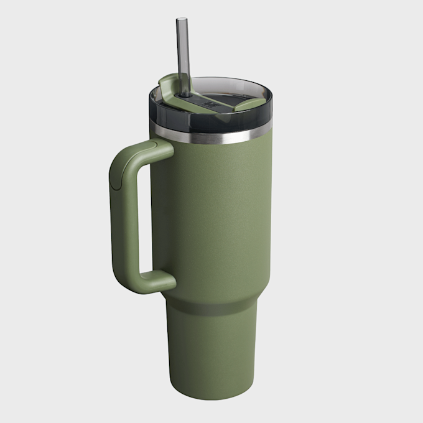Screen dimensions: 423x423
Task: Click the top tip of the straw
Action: tap(182, 19)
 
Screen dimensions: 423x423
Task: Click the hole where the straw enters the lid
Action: tap(185, 95)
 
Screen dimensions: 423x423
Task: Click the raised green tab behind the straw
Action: tap(170, 81)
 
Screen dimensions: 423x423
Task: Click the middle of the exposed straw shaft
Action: tap(183, 56)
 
